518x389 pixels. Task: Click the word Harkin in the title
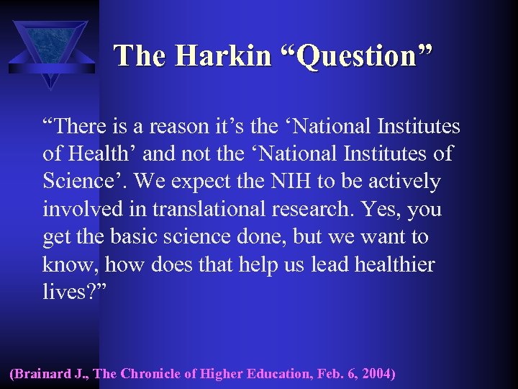[x=227, y=55]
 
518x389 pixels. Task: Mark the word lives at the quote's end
[x=64, y=292]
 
